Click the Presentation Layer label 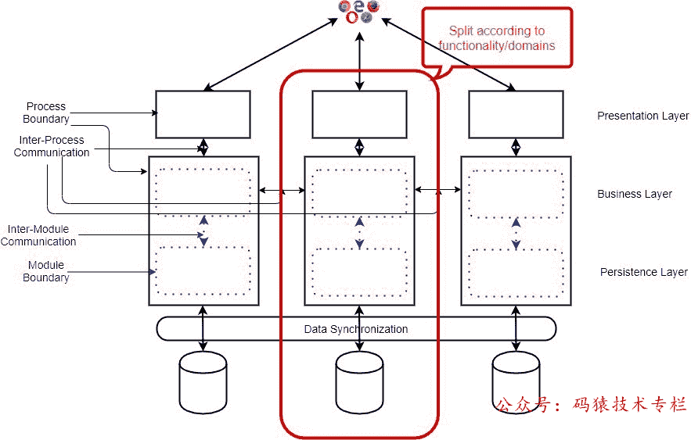coord(642,116)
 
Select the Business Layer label coord(635,194)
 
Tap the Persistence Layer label coord(643,272)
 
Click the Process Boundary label coord(45,113)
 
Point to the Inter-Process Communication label coord(52,146)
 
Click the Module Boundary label coord(45,271)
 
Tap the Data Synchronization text coord(356,329)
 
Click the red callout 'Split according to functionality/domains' coord(496,38)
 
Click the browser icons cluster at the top coord(359,11)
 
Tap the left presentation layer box coord(203,114)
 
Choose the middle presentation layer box coord(359,114)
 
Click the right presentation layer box coord(516,114)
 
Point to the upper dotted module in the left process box coord(203,191)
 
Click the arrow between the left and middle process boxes coord(282,190)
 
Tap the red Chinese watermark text coord(592,404)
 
